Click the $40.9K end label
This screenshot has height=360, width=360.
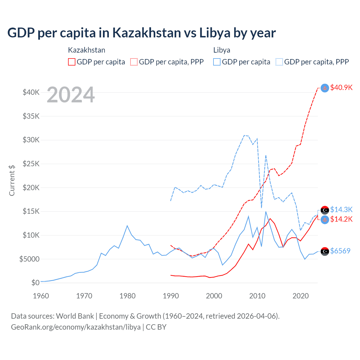[x=341, y=87]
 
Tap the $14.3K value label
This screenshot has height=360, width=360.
[x=341, y=210]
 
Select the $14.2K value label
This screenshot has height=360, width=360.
[x=341, y=219]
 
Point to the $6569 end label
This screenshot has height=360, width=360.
[x=340, y=251]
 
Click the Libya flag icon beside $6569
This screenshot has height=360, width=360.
[x=325, y=251]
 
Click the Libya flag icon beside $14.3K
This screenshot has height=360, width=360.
[x=325, y=210]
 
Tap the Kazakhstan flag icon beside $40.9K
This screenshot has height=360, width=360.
[x=325, y=88]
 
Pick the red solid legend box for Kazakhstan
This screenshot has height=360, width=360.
[x=72, y=62]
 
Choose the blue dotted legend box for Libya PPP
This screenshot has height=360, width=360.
[x=279, y=62]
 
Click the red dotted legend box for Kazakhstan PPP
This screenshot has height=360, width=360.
[x=134, y=62]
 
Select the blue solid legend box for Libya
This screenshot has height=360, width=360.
[x=217, y=62]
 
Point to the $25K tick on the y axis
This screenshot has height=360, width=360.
[x=31, y=164]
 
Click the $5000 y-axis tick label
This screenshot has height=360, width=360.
[x=29, y=259]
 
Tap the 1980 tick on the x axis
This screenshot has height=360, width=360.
[x=127, y=296]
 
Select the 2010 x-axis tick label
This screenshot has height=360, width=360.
[x=257, y=296]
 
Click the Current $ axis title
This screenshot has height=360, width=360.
[x=12, y=180]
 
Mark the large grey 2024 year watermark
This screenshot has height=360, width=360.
[x=71, y=95]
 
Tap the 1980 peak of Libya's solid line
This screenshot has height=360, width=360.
[x=127, y=226]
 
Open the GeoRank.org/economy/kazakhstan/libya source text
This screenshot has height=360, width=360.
[x=76, y=327]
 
